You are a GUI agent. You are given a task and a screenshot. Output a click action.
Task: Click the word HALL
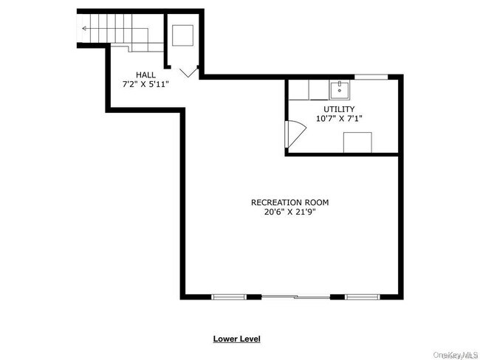click(x=145, y=75)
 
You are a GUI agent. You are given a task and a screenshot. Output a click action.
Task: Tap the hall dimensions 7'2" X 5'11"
click(x=145, y=84)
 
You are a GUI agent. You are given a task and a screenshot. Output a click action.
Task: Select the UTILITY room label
click(x=339, y=109)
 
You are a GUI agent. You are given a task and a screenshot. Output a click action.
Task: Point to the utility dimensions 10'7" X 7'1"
click(x=339, y=119)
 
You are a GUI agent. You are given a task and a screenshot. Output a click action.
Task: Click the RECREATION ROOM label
click(x=289, y=202)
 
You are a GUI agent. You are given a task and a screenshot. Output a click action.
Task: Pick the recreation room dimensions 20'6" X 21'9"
click(x=289, y=212)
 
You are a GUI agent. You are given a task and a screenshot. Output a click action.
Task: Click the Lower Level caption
click(x=236, y=339)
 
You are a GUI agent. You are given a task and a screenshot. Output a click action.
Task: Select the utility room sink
click(x=340, y=91)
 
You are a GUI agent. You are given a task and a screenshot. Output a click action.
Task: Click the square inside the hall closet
click(x=182, y=35)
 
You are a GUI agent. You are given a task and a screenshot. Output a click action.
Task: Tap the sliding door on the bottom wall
click(x=295, y=297)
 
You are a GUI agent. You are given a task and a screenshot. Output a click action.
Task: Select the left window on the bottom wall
click(x=229, y=297)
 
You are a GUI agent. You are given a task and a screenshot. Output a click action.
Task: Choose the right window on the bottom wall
click(x=362, y=297)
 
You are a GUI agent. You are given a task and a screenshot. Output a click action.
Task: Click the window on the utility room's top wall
click(x=371, y=77)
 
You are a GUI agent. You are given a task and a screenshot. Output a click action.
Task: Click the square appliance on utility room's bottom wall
click(x=357, y=142)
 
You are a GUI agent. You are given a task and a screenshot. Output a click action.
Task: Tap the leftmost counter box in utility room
click(x=298, y=90)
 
